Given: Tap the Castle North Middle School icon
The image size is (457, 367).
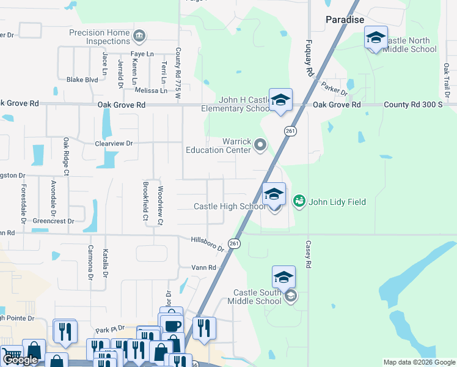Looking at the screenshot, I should (x=376, y=39).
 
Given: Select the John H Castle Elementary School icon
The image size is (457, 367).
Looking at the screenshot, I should (x=280, y=100).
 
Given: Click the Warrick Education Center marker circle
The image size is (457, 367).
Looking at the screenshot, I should (x=261, y=145).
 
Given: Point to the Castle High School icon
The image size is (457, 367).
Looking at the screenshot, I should (x=274, y=195).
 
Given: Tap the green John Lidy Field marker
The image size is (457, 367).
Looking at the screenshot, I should (x=299, y=200).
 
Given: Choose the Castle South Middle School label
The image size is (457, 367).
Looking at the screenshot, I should (x=254, y=297).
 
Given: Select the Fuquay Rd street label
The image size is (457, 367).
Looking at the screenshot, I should (x=310, y=59).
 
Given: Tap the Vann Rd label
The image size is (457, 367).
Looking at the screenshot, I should (x=204, y=268).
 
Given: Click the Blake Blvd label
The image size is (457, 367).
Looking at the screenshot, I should (x=82, y=80).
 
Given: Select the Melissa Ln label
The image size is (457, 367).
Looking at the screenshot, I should (x=151, y=91).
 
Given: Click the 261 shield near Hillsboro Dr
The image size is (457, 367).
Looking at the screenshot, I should (x=234, y=243).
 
